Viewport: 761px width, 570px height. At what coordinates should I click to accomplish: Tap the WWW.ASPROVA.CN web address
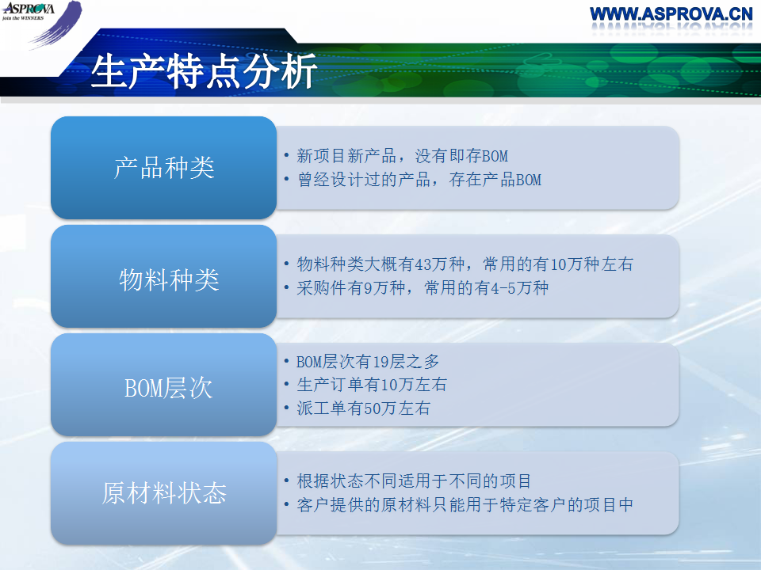[x=671, y=14]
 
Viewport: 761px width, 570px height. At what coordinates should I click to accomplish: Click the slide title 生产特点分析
[x=204, y=72]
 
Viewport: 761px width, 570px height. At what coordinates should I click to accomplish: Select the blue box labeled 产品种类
[x=163, y=168]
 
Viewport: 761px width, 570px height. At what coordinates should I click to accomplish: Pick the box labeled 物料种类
[x=163, y=276]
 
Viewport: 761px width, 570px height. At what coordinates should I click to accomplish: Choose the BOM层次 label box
[x=163, y=385]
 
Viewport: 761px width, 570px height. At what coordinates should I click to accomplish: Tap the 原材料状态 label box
[x=163, y=493]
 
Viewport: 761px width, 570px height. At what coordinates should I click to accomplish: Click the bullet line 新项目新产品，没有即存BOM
[x=403, y=156]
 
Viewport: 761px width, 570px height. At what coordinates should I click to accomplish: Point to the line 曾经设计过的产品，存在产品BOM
[x=419, y=180]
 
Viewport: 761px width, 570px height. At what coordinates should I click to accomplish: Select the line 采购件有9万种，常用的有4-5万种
[x=423, y=288]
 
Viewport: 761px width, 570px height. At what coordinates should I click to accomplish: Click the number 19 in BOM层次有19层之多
[x=381, y=362]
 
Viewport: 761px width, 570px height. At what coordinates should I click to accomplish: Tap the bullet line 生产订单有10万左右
[x=371, y=385]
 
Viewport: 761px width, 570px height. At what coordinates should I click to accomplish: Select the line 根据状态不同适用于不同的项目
[x=414, y=481]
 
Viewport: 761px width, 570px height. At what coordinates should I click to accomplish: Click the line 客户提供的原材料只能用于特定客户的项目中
[x=465, y=505]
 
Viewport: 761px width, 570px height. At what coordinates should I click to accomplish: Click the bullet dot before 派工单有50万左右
[x=286, y=408]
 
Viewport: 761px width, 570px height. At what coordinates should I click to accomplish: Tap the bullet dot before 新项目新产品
[x=286, y=156]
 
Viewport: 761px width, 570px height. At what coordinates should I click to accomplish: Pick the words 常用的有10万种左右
[x=558, y=264]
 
